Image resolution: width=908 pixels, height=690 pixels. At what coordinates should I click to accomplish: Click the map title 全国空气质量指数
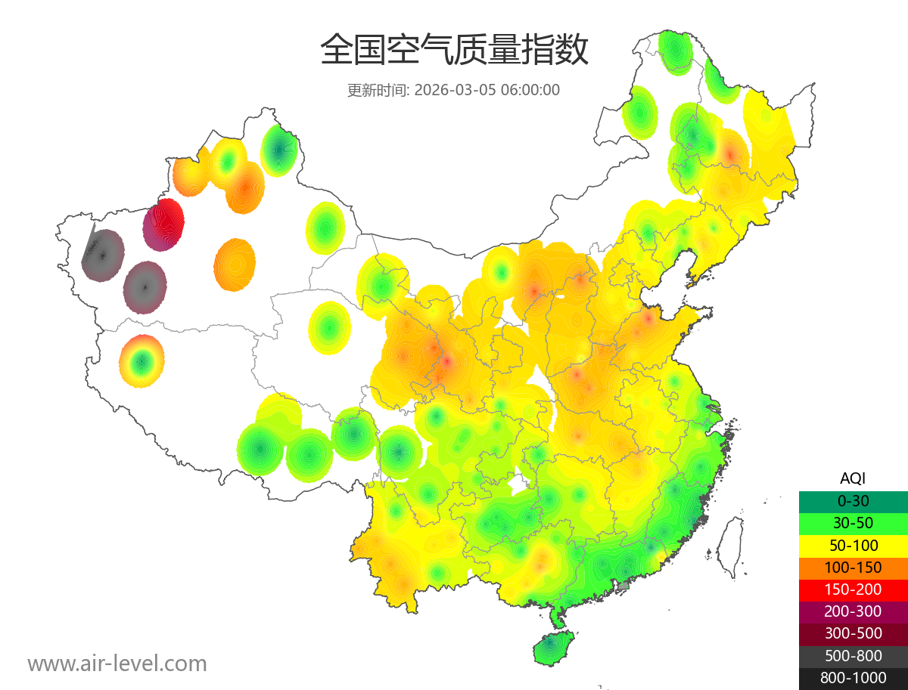pos(454,51)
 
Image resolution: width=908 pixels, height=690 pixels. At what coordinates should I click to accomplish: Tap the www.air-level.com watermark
pos(117,664)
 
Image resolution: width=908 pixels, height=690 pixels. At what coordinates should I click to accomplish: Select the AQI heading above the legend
pos(853,478)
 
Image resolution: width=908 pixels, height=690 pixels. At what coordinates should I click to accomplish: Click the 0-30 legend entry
pos(853,501)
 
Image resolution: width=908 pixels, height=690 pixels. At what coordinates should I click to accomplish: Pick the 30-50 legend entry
pos(853,523)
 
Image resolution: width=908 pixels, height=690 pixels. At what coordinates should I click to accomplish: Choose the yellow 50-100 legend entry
pos(853,545)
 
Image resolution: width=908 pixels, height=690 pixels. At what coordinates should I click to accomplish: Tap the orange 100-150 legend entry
pos(853,568)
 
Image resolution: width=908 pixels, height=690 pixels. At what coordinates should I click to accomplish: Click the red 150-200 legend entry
pos(853,589)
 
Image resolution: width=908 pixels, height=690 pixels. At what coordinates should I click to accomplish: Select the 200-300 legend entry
pos(853,611)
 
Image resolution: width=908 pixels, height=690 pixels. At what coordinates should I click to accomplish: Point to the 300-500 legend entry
pos(853,633)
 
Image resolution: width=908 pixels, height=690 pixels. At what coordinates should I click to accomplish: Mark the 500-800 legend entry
pos(853,656)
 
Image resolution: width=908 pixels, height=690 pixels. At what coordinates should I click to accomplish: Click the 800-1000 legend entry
pos(853,678)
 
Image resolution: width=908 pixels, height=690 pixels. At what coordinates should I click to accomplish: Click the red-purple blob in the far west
pos(163,224)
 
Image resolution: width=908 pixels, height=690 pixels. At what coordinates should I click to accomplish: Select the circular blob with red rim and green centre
pos(141,361)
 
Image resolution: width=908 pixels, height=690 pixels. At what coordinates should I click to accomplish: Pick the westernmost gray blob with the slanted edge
pos(103,255)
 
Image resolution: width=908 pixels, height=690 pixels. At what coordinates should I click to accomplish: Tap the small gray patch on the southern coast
pos(623,585)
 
